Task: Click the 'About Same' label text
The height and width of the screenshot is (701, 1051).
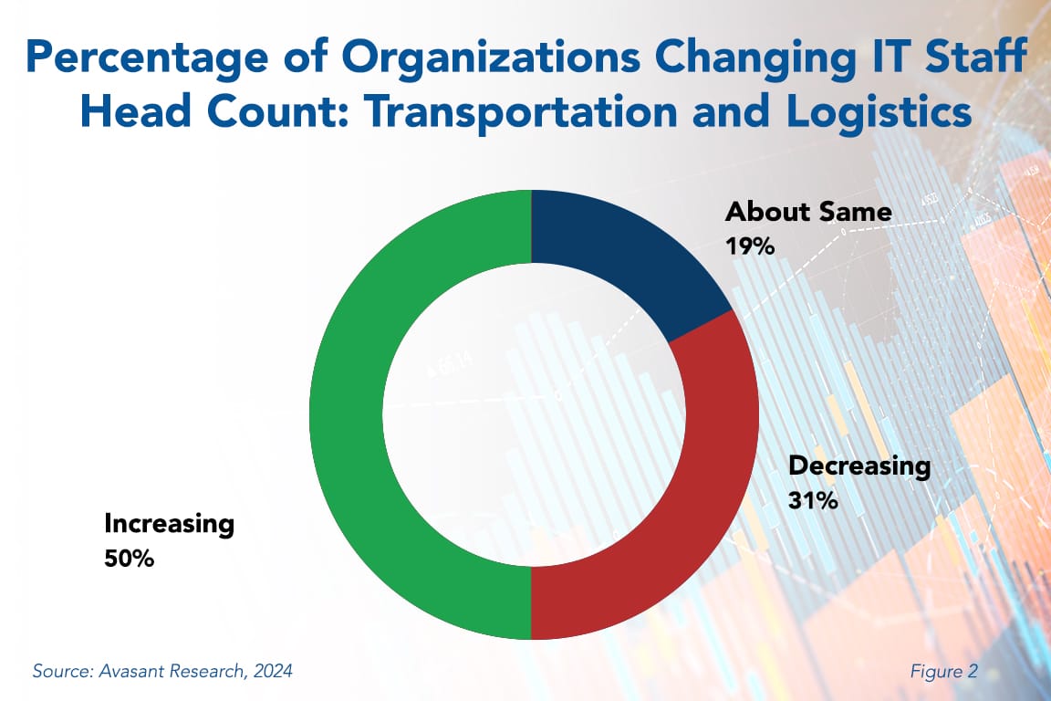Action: [807, 214]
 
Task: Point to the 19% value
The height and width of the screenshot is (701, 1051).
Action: [749, 246]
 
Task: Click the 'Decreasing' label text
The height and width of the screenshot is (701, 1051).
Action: [858, 466]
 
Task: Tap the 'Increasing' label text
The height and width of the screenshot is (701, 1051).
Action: [169, 524]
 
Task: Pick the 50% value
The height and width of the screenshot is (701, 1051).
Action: [129, 558]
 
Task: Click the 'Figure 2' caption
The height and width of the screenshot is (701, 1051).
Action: [943, 672]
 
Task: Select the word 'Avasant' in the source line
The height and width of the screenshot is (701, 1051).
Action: [125, 672]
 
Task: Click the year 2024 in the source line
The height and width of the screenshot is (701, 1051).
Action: [273, 672]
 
